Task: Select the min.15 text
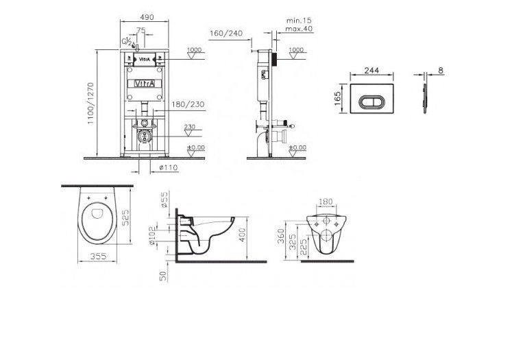[x=295, y=20]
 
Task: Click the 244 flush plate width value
[x=374, y=70]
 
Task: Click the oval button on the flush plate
[x=374, y=100]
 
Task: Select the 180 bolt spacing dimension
[x=326, y=203]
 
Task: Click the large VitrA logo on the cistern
[x=143, y=83]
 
